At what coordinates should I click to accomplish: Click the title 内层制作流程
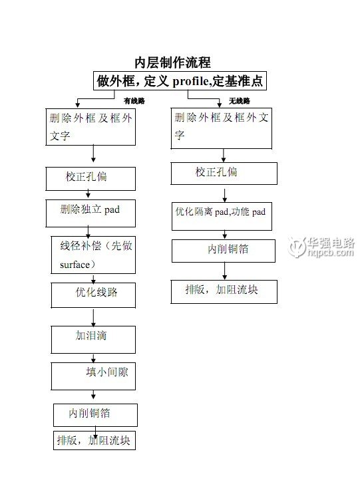172,62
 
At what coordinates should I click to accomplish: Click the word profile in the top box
190,82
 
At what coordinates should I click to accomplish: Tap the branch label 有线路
134,101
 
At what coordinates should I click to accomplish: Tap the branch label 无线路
240,101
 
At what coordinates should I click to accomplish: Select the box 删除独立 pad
90,213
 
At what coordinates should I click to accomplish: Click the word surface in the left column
75,265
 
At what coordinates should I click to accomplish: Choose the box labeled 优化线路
93,295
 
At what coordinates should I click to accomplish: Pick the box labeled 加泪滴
93,340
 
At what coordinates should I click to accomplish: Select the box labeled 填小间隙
93,376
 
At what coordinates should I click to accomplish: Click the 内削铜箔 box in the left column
95,415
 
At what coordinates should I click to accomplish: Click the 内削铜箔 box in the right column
224,251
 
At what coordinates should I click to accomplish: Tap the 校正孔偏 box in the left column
90,179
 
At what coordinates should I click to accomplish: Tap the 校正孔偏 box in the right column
224,174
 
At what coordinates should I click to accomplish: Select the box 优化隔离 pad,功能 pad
222,216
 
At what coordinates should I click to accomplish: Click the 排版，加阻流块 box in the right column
224,292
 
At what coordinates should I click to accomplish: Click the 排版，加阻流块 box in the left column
94,440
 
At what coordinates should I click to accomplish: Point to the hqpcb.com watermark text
330,252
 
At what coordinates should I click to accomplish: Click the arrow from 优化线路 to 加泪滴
93,317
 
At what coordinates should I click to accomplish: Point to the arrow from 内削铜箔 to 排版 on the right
224,271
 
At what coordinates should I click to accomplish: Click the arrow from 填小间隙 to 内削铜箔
93,394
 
